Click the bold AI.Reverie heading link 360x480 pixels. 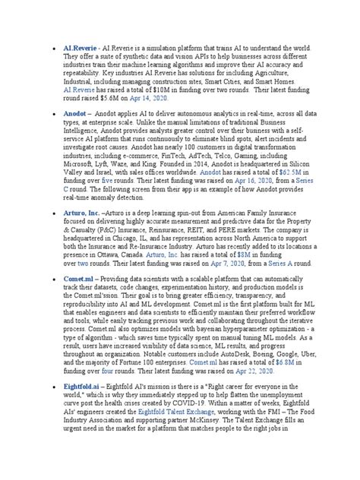[x=80, y=46]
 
